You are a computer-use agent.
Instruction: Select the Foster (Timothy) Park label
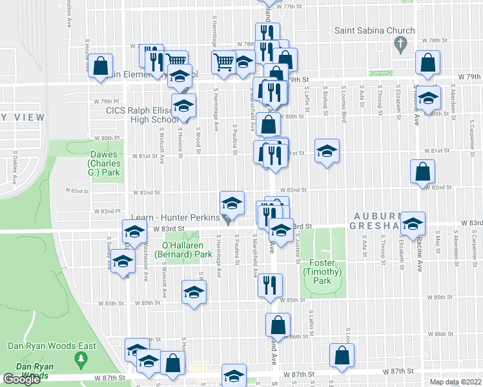tap(322, 268)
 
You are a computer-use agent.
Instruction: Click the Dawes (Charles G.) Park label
tap(104, 164)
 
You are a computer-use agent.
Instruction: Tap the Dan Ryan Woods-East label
tap(52, 346)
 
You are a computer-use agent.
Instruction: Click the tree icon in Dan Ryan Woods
tap(81, 357)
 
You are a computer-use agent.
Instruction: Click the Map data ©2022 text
tap(456, 382)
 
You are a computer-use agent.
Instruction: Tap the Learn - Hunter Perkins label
tap(176, 217)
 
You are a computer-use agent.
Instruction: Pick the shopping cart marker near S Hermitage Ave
tap(223, 63)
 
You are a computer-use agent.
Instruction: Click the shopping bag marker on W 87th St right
tap(342, 355)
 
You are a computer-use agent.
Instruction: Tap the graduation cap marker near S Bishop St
tap(327, 151)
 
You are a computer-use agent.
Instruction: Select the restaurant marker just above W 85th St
tap(270, 285)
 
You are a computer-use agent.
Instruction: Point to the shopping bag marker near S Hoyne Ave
tap(101, 66)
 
